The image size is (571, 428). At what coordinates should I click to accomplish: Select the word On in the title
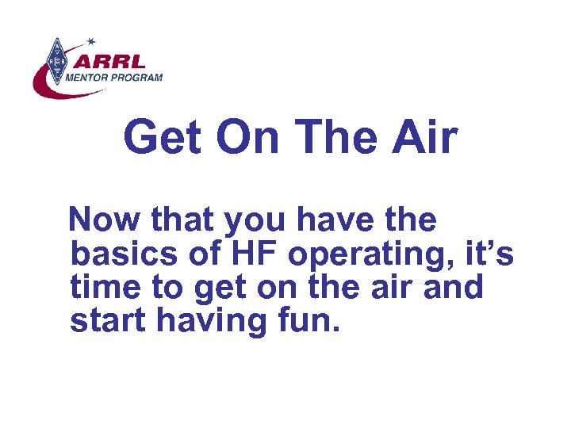click(x=247, y=137)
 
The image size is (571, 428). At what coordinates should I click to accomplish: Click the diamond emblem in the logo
click(x=56, y=60)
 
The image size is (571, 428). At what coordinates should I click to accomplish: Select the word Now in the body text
click(x=101, y=221)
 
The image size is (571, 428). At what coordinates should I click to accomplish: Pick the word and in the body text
click(x=452, y=287)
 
